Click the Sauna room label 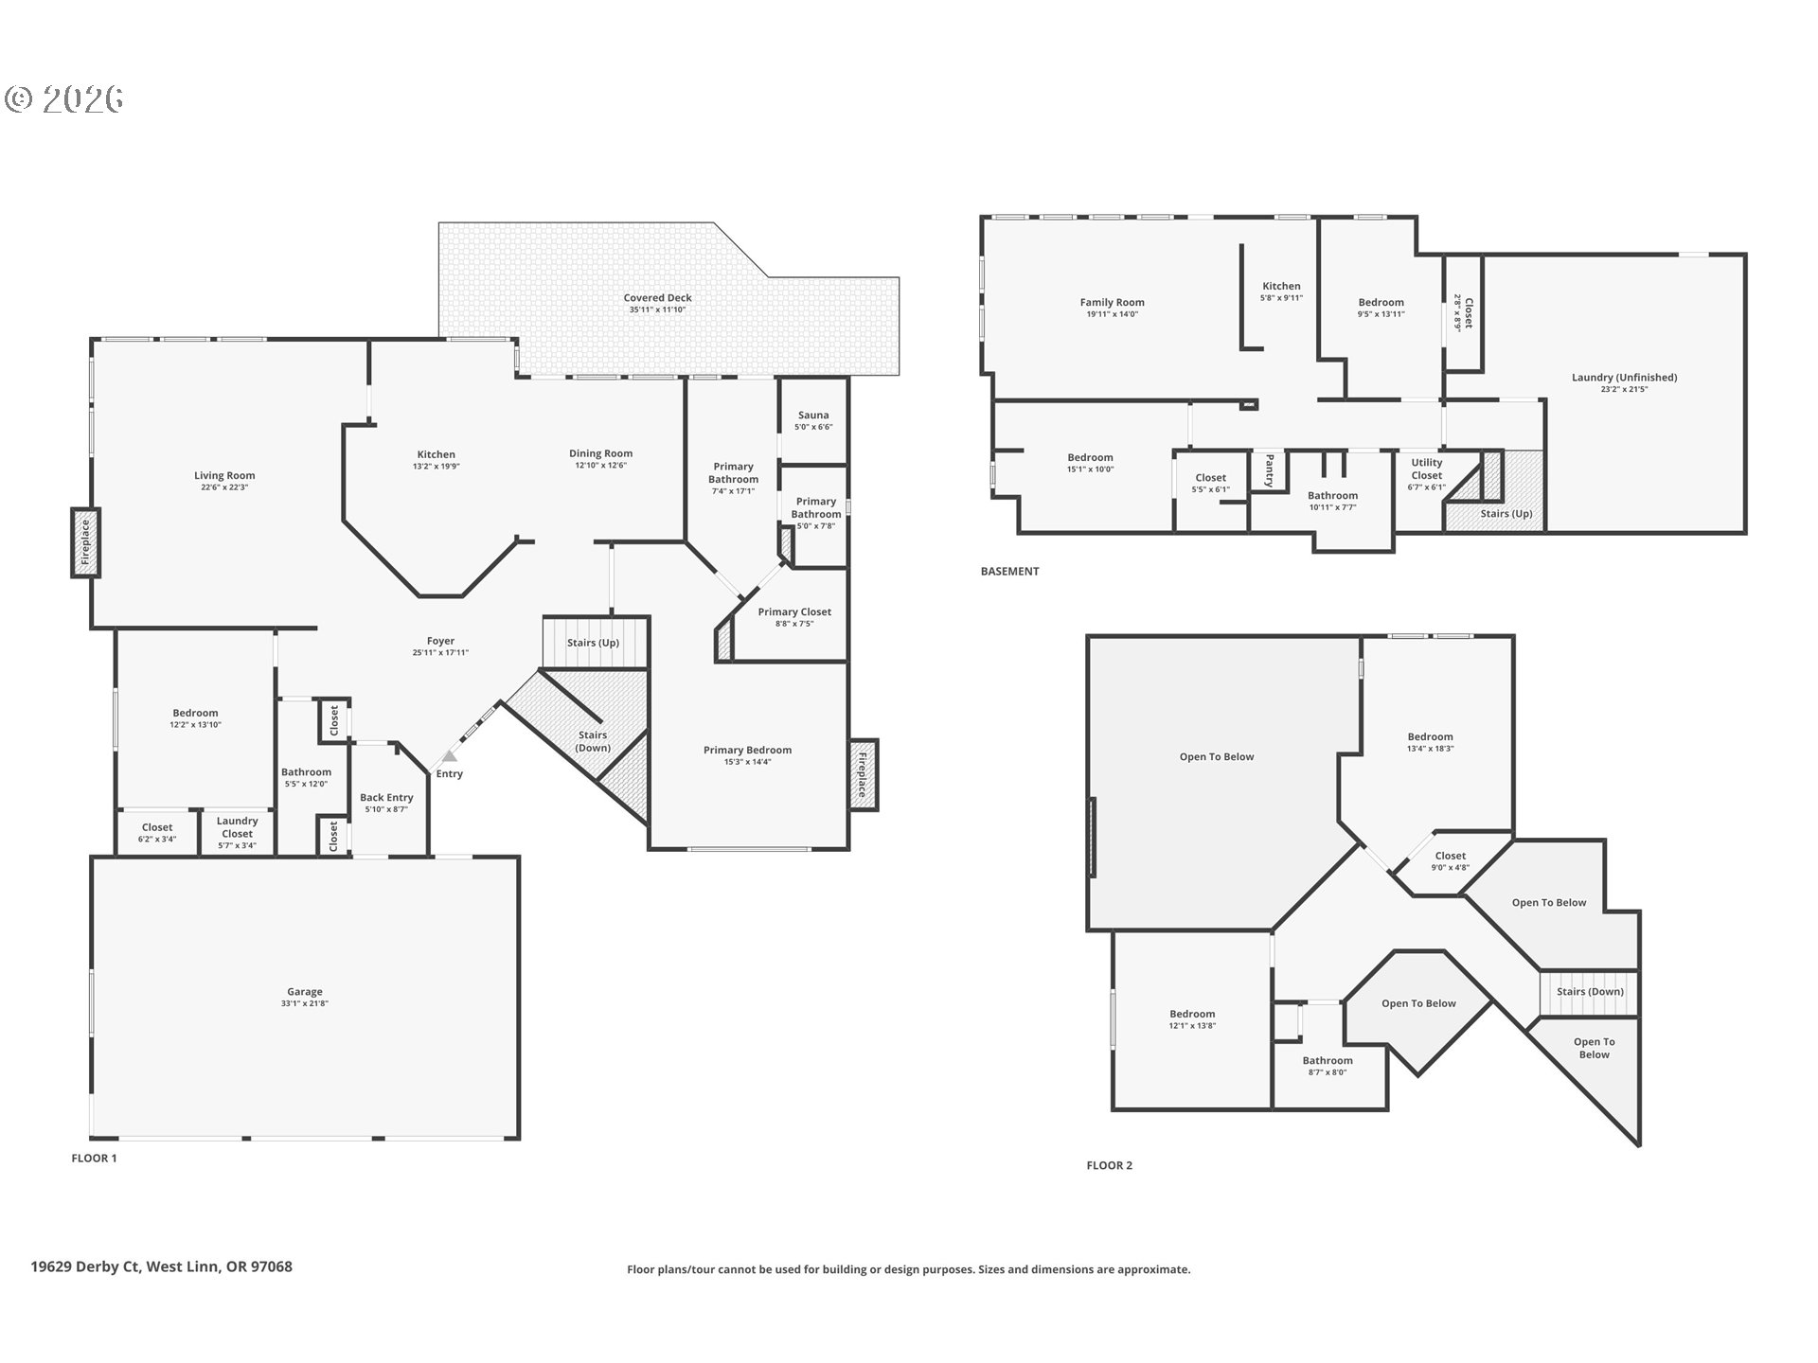click(x=813, y=415)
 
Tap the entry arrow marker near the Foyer click(x=450, y=756)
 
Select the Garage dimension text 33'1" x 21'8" click(x=305, y=1003)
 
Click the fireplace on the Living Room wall click(x=85, y=542)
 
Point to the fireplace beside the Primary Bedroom click(x=864, y=775)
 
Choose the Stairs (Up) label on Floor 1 click(x=594, y=643)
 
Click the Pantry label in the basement click(x=1270, y=470)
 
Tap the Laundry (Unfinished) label click(x=1624, y=377)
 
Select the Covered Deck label click(x=658, y=298)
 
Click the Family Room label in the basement click(x=1113, y=303)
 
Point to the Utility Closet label click(x=1427, y=469)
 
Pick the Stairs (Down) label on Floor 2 click(x=1591, y=992)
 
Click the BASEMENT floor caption click(x=1009, y=572)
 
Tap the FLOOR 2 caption click(x=1110, y=1166)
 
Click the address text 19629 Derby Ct click(x=85, y=1266)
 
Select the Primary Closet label click(x=794, y=611)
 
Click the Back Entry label click(x=386, y=798)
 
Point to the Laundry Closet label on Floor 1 click(x=237, y=827)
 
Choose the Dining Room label click(x=600, y=453)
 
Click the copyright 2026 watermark click(x=64, y=98)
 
